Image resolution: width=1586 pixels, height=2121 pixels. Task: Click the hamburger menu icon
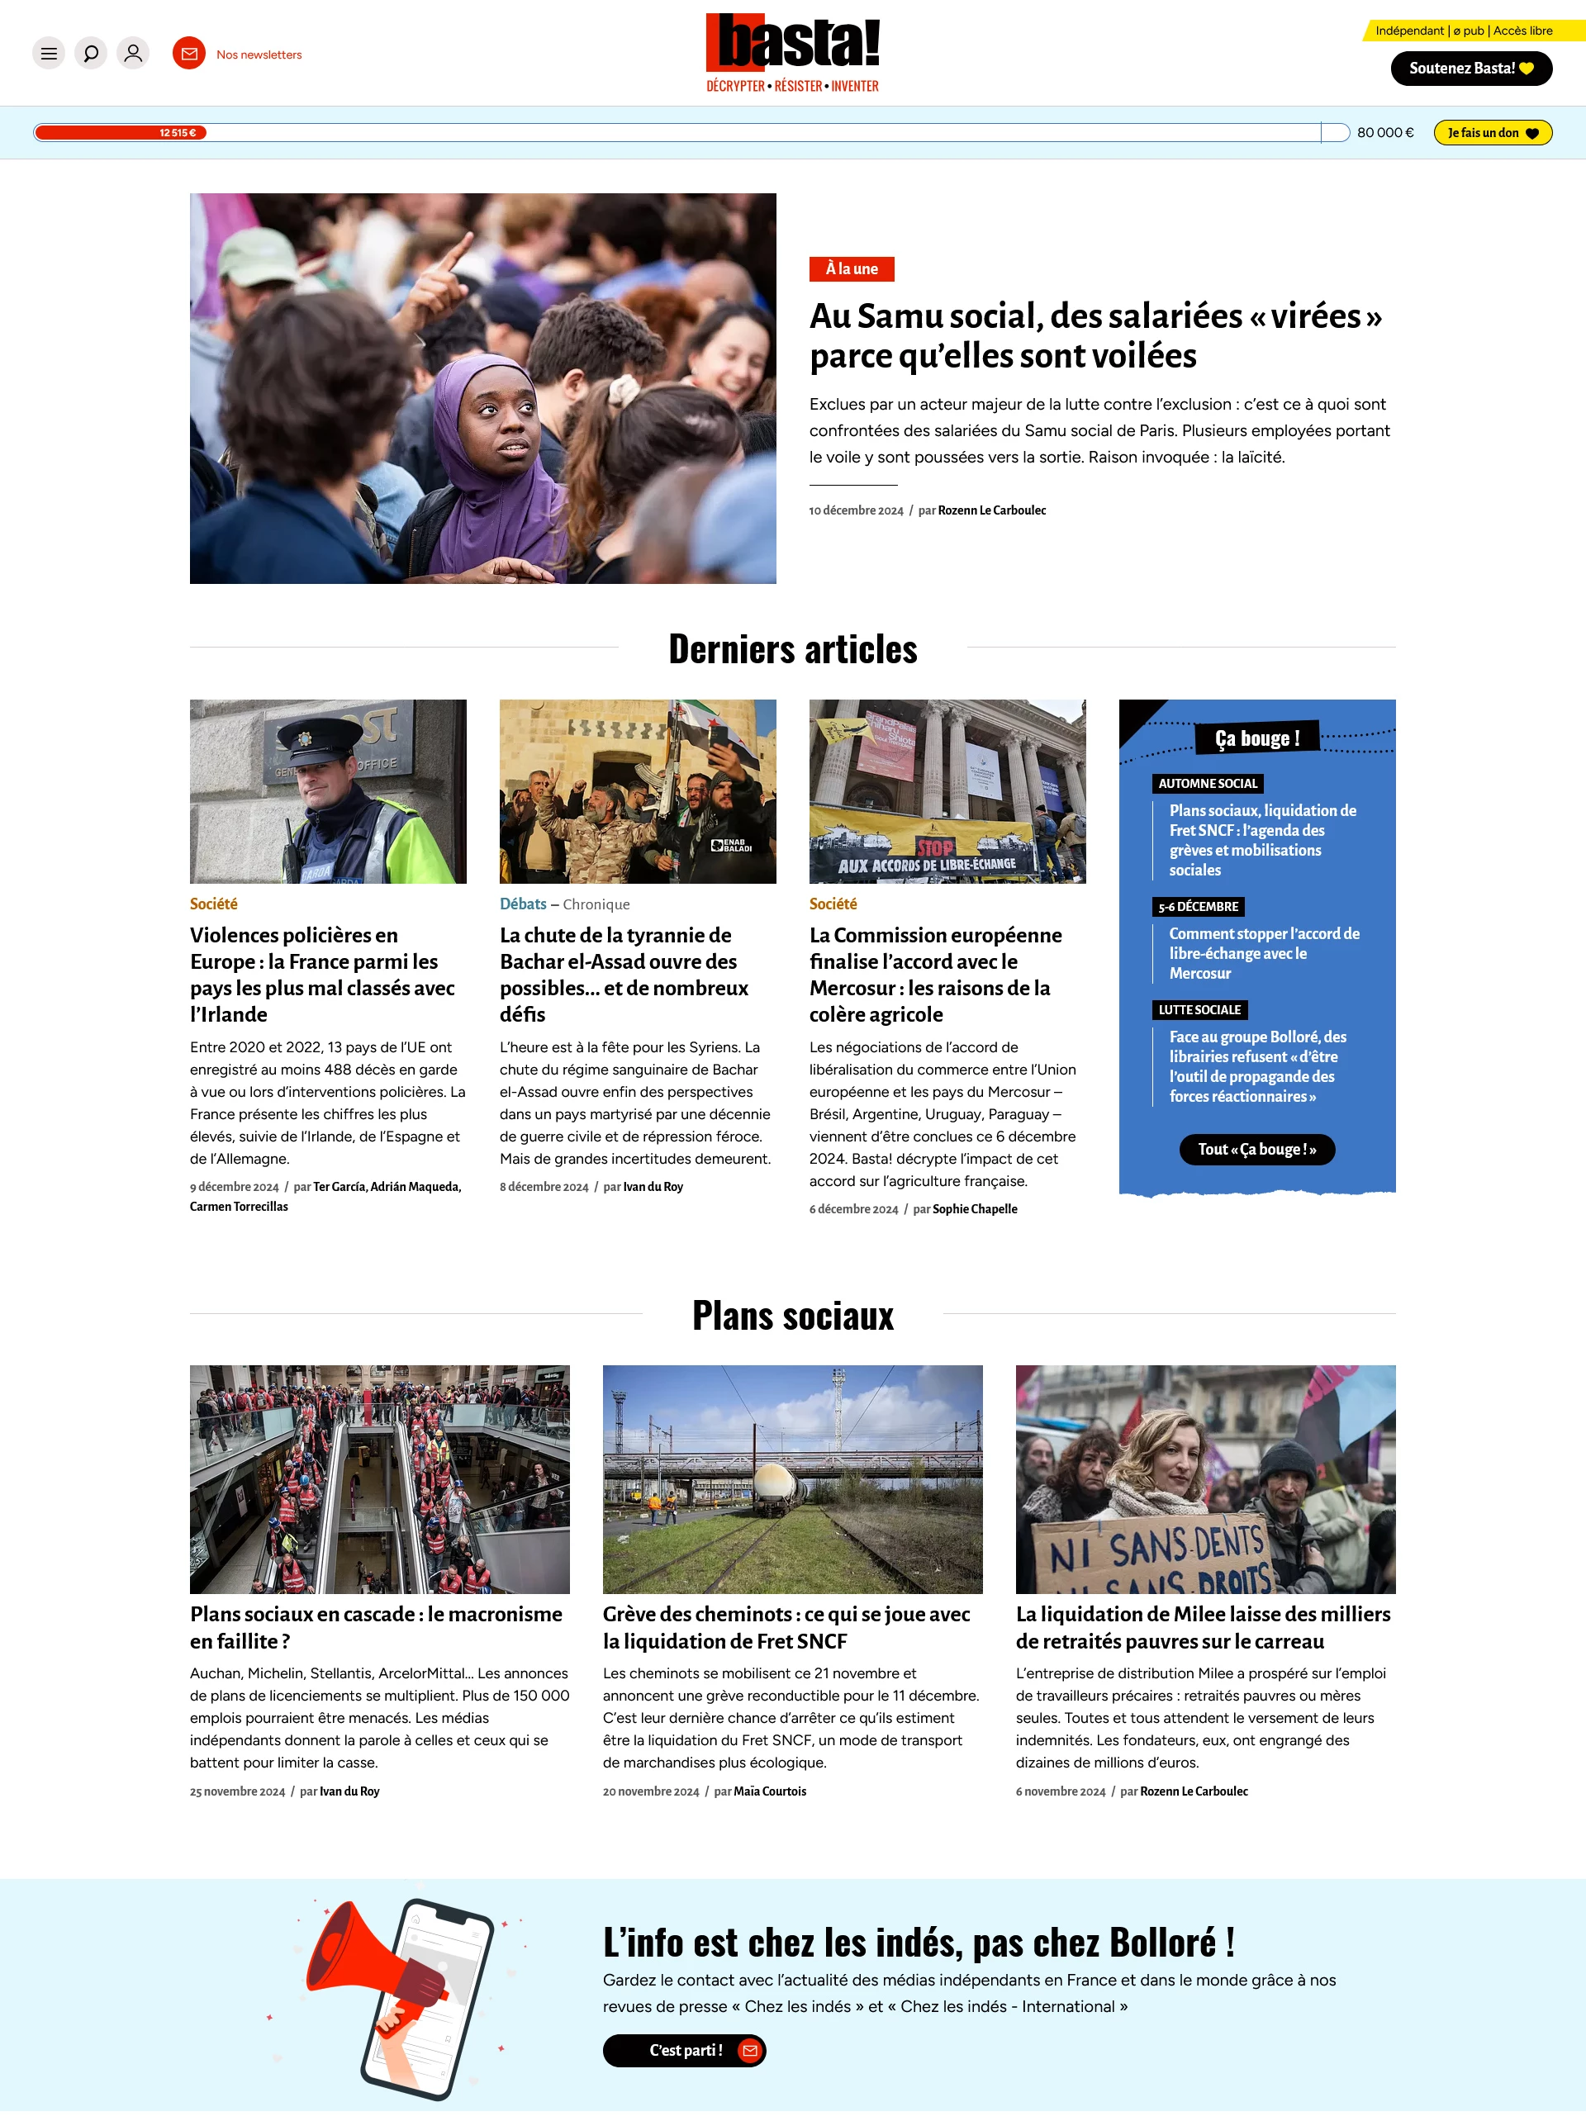[49, 54]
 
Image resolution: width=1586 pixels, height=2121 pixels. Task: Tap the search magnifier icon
[91, 54]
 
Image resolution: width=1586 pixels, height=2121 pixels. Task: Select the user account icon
[133, 54]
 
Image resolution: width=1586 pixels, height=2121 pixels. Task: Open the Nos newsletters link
[258, 55]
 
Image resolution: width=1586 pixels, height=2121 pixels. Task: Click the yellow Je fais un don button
[1491, 133]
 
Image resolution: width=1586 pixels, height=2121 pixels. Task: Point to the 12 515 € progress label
[178, 133]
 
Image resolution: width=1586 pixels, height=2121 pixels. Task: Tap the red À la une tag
[851, 269]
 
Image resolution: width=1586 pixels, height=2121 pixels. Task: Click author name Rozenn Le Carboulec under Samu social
[991, 511]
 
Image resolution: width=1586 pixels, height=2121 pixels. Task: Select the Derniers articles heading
[792, 649]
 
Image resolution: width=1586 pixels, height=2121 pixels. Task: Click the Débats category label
[523, 904]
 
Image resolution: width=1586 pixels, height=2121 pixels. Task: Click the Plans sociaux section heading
[792, 1316]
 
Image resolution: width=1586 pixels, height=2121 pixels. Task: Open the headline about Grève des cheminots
[786, 1627]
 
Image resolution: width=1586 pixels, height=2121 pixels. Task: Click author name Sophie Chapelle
[974, 1209]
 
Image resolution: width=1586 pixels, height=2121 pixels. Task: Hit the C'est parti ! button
[684, 2050]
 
